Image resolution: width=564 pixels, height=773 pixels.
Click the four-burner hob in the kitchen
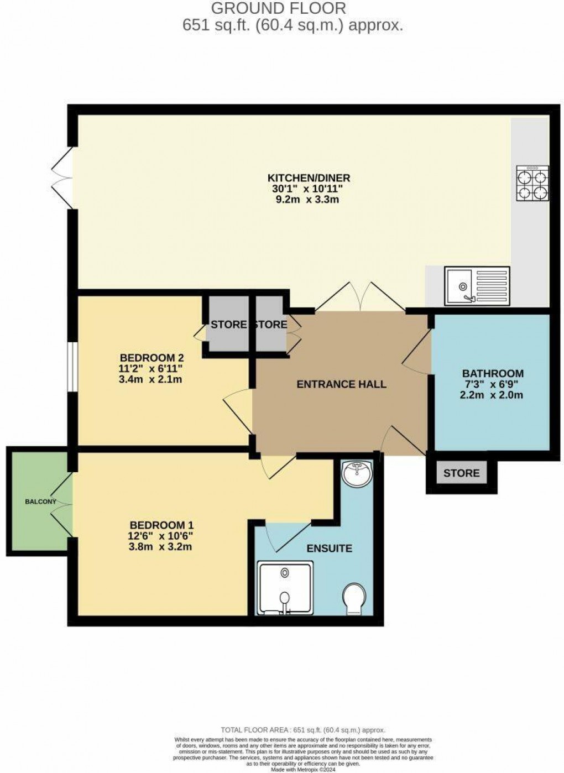pos(532,183)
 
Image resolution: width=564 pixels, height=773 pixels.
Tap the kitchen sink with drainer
pos(477,286)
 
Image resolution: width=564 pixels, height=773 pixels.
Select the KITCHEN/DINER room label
pos(309,177)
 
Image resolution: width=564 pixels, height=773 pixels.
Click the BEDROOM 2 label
pos(151,357)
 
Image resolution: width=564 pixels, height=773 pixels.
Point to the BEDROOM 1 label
pos(161,525)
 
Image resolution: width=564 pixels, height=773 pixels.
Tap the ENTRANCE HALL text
pos(341,384)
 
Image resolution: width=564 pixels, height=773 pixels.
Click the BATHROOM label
pos(492,373)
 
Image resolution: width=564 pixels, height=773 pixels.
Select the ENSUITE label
pos(329,549)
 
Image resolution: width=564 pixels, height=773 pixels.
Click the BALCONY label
pos(40,502)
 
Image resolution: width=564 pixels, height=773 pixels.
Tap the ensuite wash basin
pos(357,473)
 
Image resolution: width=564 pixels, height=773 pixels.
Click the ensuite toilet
pos(353,600)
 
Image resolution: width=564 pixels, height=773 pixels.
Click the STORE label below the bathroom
pos(461,473)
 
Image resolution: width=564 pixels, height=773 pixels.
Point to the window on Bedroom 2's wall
pos(72,367)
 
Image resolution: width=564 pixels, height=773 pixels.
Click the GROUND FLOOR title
pos(279,8)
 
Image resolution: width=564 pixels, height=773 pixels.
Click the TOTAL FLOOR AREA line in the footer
pos(302,730)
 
